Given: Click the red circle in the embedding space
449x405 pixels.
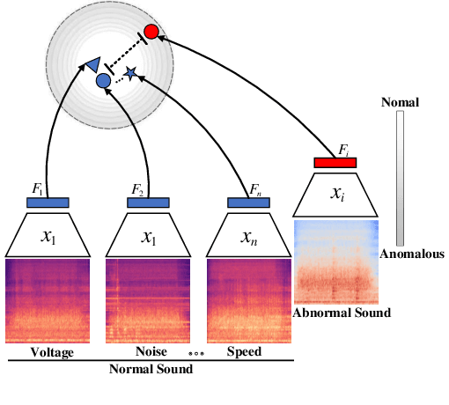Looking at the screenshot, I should point(151,32).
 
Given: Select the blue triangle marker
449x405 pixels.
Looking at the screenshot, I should point(92,63).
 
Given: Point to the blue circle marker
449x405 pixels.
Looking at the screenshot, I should point(103,81).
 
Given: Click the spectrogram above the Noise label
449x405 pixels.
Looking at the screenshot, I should point(148,300).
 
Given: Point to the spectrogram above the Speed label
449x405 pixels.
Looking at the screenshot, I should point(248,300).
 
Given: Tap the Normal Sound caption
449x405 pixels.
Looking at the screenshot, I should point(150,369).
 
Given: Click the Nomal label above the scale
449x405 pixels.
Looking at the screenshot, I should point(400,103).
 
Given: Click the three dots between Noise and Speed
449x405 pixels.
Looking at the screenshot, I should point(198,353).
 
